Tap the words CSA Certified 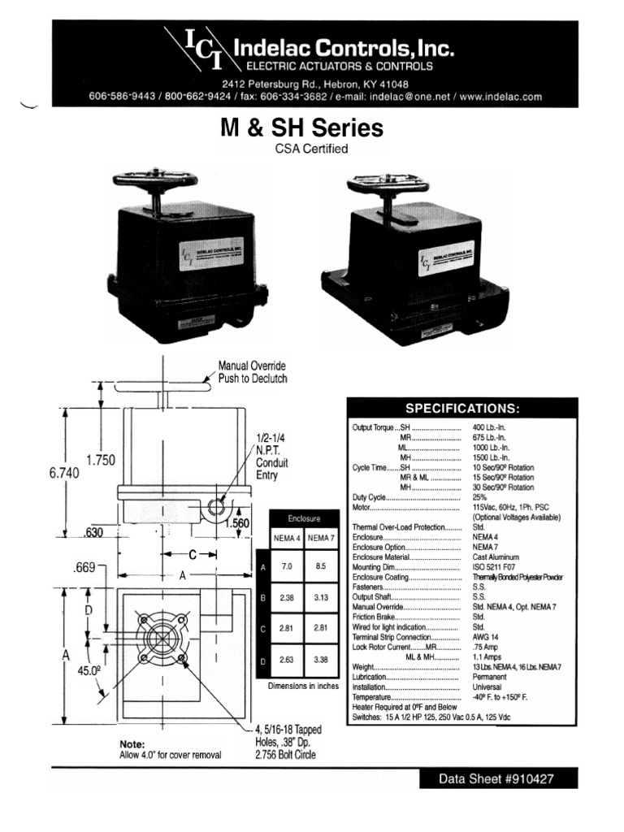(312, 149)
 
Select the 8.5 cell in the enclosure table (322, 565)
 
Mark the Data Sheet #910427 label (497, 778)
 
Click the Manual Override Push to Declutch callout (252, 372)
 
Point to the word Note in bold (132, 743)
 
